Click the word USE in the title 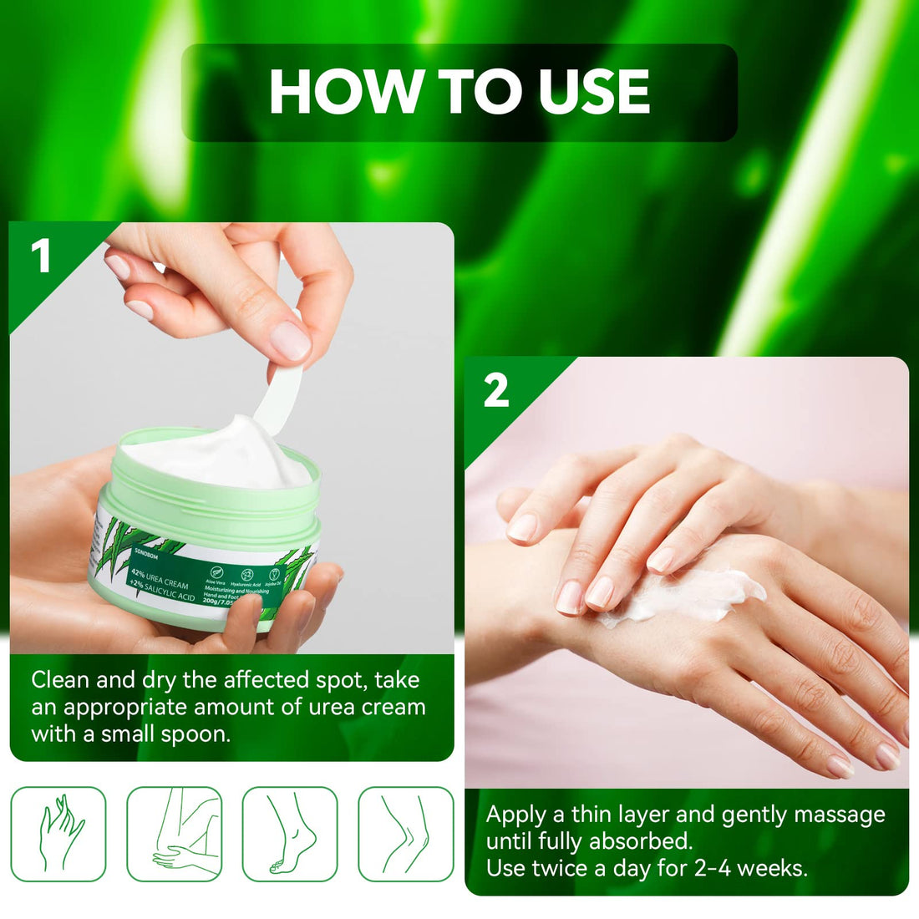point(594,92)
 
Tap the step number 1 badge point(40,256)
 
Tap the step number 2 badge point(495,391)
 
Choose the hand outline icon point(58,834)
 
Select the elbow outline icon point(175,834)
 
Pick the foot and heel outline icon point(290,834)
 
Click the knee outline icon point(406,834)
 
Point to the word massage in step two point(838,814)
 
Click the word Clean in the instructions point(60,680)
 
